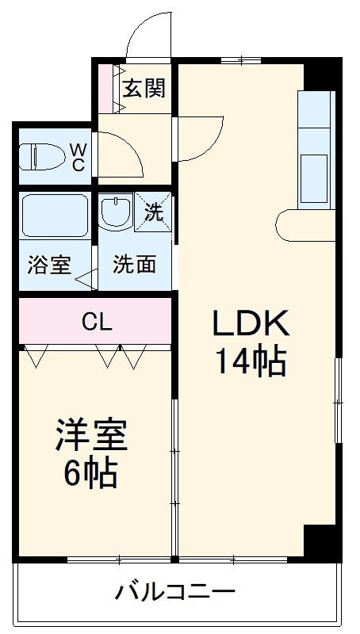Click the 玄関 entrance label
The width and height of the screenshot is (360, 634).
[144, 88]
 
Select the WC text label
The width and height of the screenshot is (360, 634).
[79, 156]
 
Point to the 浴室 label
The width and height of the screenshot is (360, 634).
[48, 265]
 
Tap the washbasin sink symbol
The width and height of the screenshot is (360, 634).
[115, 212]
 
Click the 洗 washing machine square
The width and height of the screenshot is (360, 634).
[153, 212]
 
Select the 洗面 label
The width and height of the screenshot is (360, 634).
[133, 265]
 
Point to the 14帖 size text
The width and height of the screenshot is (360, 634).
[250, 362]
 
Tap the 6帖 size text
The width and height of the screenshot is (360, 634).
[91, 473]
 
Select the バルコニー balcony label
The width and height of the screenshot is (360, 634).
[175, 591]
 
